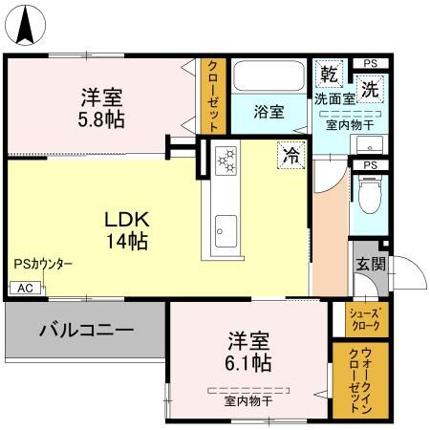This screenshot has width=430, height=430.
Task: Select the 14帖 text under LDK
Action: (x=125, y=241)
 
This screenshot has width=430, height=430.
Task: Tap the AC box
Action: (x=25, y=288)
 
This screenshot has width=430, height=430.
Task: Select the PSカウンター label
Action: (x=43, y=265)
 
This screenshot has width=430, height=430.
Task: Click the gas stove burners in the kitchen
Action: (x=227, y=161)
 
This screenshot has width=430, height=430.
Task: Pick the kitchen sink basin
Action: (x=226, y=228)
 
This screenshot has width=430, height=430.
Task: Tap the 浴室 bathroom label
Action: (x=269, y=112)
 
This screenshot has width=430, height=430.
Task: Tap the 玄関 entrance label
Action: (x=370, y=265)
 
